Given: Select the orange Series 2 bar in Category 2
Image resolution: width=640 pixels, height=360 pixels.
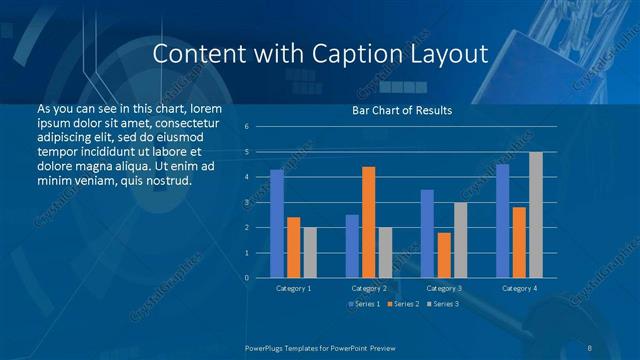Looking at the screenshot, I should tap(368, 222).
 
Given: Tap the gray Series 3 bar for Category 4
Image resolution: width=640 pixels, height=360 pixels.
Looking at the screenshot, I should tap(535, 215).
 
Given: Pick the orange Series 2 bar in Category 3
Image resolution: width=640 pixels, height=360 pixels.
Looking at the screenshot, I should tap(443, 255).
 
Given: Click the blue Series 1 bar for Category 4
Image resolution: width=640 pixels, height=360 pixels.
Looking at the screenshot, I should tap(502, 221).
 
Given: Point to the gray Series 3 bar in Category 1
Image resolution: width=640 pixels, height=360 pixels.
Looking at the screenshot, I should tap(309, 252).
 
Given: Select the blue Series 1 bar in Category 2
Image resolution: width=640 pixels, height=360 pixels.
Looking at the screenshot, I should tap(352, 246).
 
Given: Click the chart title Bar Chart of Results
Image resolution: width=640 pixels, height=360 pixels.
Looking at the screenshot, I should tap(402, 110).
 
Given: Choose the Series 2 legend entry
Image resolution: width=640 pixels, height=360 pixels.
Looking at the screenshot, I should tap(402, 303).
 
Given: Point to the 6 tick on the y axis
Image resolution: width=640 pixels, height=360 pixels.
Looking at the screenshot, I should tap(246, 127).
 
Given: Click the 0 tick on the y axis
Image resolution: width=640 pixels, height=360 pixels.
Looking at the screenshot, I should tap(246, 278).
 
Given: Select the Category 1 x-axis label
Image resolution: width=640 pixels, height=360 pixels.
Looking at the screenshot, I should tap(293, 288).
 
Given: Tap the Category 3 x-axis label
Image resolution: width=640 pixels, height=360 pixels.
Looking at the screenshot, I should tap(443, 288).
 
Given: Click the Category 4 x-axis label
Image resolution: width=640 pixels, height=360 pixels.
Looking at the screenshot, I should tap(518, 288).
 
